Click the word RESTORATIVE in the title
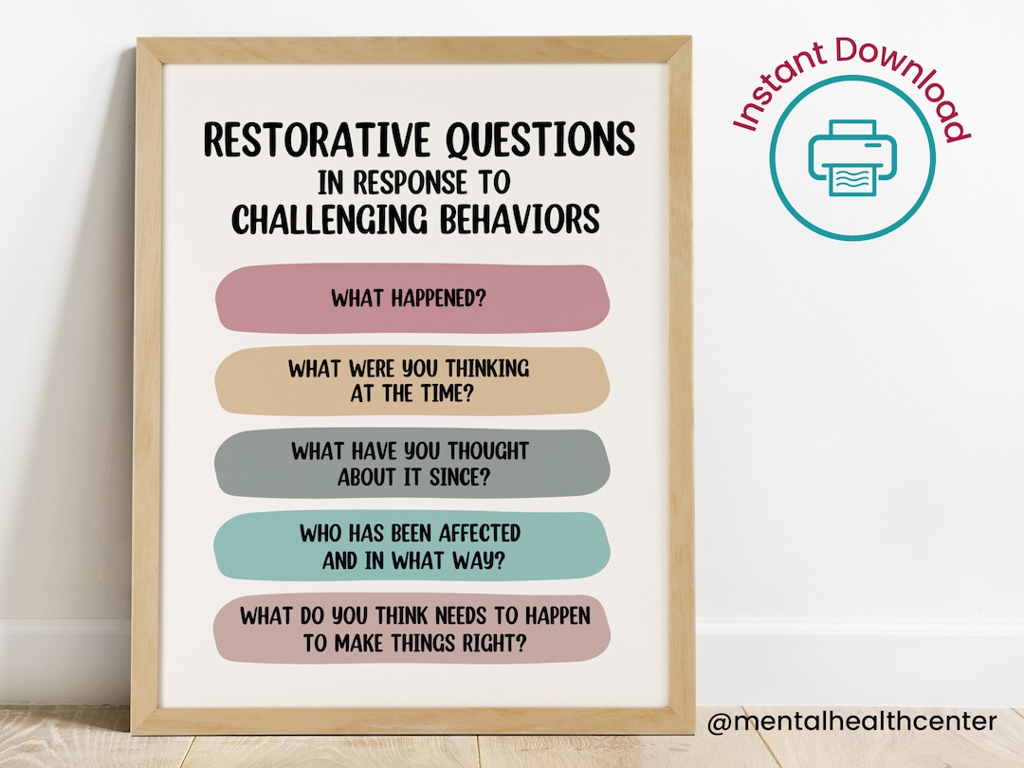(306, 141)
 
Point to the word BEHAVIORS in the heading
(519, 220)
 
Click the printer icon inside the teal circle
(851, 158)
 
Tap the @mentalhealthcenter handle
(851, 722)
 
